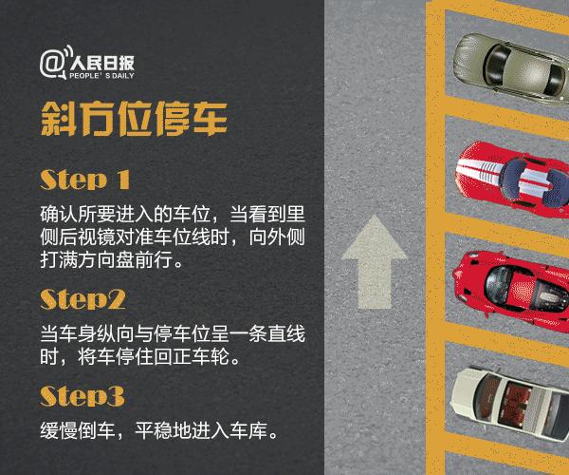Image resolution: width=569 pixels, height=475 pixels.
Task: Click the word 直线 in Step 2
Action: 284,337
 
